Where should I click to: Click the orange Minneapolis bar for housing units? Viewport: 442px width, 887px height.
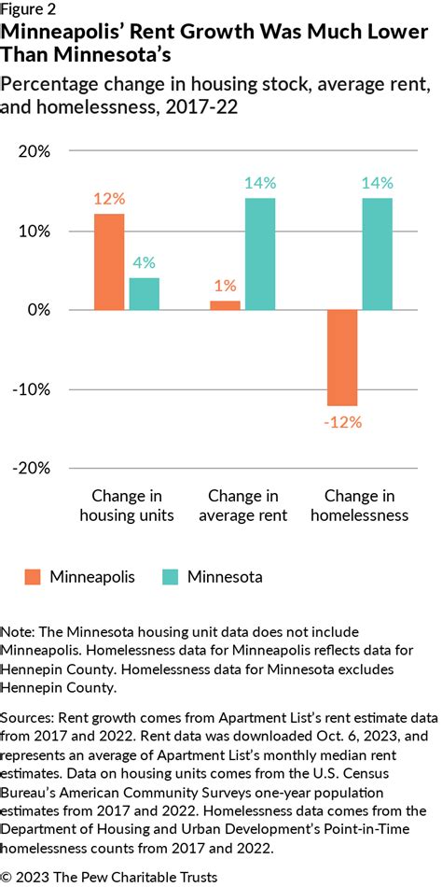[108, 261]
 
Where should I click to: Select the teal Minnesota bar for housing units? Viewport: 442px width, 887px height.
[145, 293]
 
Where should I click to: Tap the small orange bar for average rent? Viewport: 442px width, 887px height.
[225, 304]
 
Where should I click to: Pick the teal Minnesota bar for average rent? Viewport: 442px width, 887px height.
[260, 254]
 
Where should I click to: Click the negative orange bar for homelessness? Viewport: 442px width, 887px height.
[342, 357]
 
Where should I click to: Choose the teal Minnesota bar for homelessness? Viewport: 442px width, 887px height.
[378, 254]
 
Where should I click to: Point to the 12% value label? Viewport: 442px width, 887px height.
[108, 199]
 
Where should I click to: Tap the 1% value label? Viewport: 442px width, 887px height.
[225, 286]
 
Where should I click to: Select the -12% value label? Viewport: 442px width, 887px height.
[341, 422]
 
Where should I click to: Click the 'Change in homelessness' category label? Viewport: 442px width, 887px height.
[359, 505]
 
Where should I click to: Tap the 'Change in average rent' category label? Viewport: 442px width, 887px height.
[242, 505]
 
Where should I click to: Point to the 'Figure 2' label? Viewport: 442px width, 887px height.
[29, 10]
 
